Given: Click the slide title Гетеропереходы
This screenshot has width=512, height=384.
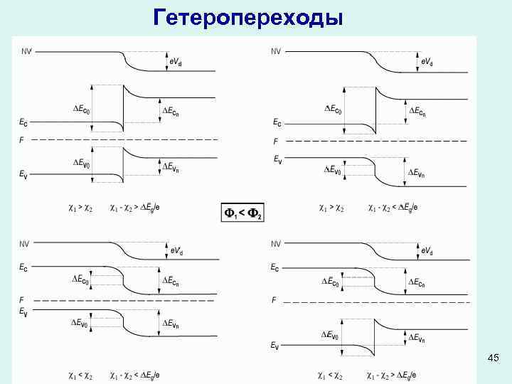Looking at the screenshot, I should pyautogui.click(x=248, y=17).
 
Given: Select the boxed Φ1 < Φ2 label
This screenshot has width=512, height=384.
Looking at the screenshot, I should pyautogui.click(x=243, y=213).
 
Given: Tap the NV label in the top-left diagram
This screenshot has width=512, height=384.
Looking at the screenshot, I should pyautogui.click(x=26, y=50).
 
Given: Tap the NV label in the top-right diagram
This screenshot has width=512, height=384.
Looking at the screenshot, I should pyautogui.click(x=276, y=50).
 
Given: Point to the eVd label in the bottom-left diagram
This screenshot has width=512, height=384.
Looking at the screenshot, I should pyautogui.click(x=181, y=250).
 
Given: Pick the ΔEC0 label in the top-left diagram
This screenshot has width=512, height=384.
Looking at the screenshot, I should pyautogui.click(x=87, y=109).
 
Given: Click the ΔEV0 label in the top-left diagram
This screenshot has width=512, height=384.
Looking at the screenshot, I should pyautogui.click(x=87, y=162).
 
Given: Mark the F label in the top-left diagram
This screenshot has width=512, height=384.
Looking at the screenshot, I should pyautogui.click(x=21, y=140).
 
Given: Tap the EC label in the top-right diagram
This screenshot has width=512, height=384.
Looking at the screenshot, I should pyautogui.click(x=277, y=124).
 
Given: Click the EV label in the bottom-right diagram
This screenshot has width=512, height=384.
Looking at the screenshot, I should pyautogui.click(x=274, y=346).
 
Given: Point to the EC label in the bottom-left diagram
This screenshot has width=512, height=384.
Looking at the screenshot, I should pyautogui.click(x=23, y=268).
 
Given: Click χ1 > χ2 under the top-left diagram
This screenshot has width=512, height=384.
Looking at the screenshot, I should pyautogui.click(x=80, y=208).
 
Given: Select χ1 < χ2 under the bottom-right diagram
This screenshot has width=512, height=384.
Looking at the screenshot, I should pyautogui.click(x=330, y=374).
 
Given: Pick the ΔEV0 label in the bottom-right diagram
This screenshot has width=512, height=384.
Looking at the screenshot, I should pyautogui.click(x=334, y=334).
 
